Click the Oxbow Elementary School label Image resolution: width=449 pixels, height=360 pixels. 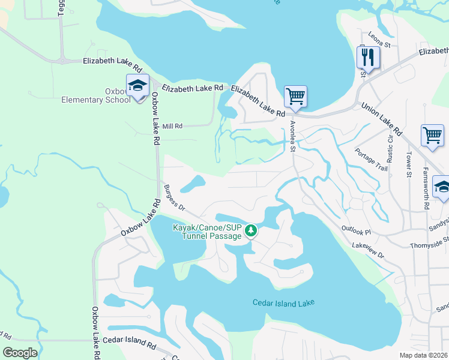96,95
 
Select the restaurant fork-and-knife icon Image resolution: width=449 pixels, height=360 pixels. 367,58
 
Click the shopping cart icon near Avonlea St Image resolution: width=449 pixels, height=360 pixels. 295,97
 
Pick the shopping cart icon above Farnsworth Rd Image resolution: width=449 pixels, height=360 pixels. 432,136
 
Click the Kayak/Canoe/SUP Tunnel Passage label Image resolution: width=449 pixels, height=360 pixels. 207,232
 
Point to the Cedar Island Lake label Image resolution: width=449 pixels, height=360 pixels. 283,303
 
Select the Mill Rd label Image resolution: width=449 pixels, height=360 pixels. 172,126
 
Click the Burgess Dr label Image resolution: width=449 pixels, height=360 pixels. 174,197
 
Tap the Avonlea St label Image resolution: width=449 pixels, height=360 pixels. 292,137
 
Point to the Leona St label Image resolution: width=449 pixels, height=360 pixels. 379,40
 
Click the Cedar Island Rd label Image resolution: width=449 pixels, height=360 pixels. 129,340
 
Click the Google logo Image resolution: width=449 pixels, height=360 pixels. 20,352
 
